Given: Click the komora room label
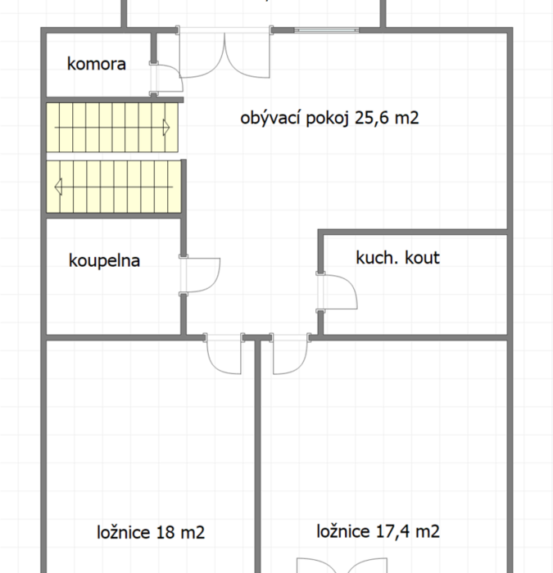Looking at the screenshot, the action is click(97, 64).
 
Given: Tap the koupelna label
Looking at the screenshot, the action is click(104, 260).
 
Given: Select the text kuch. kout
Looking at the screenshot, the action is click(397, 258).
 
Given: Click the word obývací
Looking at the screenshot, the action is click(271, 118).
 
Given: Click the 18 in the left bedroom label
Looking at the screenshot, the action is click(165, 532).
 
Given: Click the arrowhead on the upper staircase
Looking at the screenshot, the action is click(166, 128).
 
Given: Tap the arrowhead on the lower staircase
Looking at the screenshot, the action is click(58, 187).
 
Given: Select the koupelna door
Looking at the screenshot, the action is click(200, 275).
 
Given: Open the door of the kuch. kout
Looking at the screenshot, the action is click(337, 291).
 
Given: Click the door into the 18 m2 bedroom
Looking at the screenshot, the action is click(224, 354).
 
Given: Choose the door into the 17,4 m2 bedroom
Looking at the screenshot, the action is click(290, 354).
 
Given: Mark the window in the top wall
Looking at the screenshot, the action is click(327, 30).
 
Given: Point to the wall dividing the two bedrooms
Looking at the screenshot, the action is click(257, 456).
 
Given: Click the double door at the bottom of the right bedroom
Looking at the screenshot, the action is click(342, 566).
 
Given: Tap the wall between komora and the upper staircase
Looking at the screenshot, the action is click(115, 100).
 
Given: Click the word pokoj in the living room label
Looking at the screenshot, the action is click(328, 119).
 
